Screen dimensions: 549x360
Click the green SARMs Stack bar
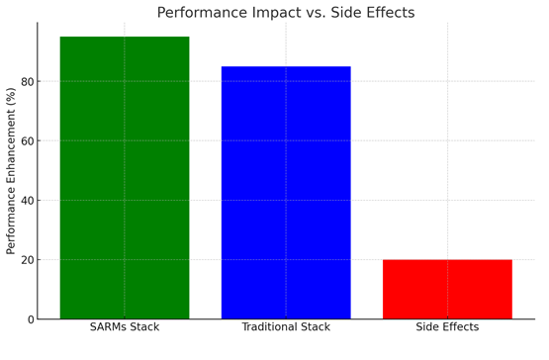pos(125,178)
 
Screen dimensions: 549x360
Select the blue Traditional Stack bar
pos(286,193)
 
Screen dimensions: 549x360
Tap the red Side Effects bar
pos(447,289)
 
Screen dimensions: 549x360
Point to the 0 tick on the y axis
pos(32,319)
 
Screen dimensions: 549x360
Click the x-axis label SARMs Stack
pos(125,327)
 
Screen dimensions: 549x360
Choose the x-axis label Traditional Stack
pos(286,327)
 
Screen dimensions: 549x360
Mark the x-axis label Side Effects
pos(447,327)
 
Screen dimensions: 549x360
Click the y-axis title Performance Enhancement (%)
pos(11,171)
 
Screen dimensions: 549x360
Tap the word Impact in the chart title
pos(276,13)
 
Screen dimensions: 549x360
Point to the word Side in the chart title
pos(346,13)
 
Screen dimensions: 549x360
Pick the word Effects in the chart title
pos(391,13)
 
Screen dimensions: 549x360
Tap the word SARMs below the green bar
pos(108,327)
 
